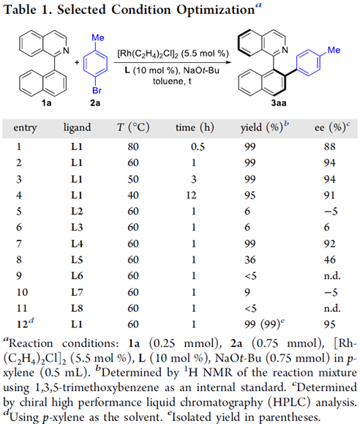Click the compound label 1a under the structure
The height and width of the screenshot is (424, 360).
pos(47,103)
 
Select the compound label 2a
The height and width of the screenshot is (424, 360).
pos(95,103)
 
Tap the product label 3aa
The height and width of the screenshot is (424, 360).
pos(279,103)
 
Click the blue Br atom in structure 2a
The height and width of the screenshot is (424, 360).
pos(97,90)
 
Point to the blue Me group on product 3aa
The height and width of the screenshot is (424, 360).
pos(334,50)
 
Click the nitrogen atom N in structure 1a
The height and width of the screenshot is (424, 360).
pos(66,51)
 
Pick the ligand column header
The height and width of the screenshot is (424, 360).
pos(77,127)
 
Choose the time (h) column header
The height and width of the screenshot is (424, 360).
pos(195,127)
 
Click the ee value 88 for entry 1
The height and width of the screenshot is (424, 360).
pos(329,146)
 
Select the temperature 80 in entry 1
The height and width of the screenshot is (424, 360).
pos(133,146)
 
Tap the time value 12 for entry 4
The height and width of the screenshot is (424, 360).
pos(191,195)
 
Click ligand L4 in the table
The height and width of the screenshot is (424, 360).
pos(77,244)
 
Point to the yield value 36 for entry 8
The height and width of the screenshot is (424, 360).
pos(250,259)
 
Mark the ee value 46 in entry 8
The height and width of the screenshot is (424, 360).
pos(329,259)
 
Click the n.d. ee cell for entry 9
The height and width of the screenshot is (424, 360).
pos(332,276)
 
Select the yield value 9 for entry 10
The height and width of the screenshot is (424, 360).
pos(247,292)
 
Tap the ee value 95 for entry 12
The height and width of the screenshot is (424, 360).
pos(329,324)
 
